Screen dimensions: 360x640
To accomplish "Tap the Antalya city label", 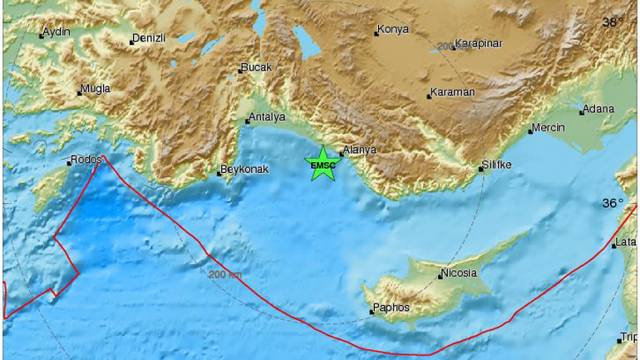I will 268,117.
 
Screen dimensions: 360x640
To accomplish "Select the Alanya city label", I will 361,150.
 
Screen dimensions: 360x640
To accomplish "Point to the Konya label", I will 393,31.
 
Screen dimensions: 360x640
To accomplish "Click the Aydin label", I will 57,32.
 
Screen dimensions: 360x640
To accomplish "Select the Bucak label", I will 256,67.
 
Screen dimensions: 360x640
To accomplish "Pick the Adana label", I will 598,109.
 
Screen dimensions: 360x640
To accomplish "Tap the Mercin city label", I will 549,127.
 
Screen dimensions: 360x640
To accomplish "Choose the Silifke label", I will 500,165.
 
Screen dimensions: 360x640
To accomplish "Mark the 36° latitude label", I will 612,203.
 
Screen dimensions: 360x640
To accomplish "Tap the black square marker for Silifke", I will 480,170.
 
